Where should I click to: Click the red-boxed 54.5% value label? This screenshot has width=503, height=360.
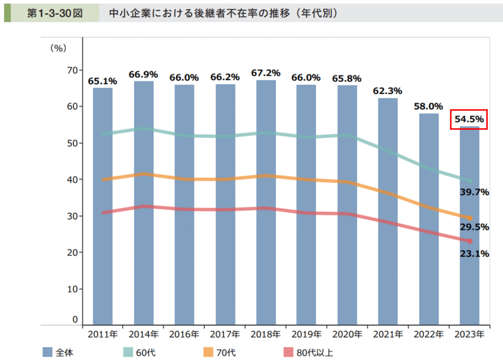coord(469,119)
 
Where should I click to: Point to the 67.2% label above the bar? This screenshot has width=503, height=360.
coord(266,73)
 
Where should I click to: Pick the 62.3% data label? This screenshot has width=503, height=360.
coord(388,91)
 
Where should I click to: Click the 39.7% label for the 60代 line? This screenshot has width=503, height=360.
coord(475,192)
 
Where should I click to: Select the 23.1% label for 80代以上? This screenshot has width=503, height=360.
coord(475,254)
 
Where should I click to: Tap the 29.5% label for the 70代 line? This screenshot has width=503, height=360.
coord(475,227)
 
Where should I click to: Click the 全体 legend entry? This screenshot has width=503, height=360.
coord(58,352)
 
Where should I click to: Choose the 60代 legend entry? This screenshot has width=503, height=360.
coord(138,352)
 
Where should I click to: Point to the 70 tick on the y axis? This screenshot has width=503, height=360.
coord(72,70)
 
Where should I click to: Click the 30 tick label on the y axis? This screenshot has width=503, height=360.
coord(72,216)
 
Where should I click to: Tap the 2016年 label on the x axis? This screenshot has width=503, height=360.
coord(184,334)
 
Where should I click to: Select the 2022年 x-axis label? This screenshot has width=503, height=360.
coord(429,334)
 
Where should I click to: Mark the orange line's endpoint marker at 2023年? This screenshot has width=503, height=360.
coord(470,218)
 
